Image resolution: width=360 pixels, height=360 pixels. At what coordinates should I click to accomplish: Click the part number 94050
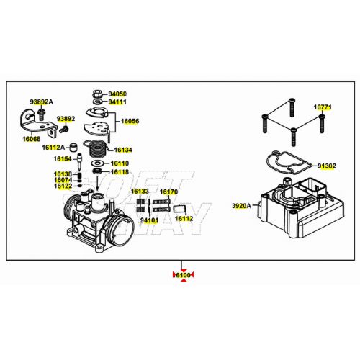(x=117, y=94)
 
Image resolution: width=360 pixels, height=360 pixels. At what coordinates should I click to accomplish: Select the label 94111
(x=117, y=102)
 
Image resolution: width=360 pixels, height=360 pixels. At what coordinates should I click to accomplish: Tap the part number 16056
(x=130, y=122)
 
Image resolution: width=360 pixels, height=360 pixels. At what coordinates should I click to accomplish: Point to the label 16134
(x=124, y=150)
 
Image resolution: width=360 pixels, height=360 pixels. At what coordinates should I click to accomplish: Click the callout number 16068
(x=31, y=138)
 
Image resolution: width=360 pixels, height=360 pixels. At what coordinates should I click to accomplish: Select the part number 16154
(x=62, y=158)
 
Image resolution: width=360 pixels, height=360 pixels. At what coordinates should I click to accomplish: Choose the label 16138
(x=62, y=174)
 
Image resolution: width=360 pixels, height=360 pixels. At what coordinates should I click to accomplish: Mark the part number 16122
(x=62, y=186)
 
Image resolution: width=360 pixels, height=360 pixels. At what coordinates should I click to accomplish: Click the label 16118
(x=120, y=172)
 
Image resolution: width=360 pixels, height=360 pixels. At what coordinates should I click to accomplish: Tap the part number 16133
(x=140, y=192)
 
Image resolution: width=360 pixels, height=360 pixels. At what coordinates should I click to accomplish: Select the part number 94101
(x=149, y=220)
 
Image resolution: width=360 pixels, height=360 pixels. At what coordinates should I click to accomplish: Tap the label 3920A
(x=240, y=206)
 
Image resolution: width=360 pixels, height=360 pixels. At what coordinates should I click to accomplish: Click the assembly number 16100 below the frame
(x=183, y=275)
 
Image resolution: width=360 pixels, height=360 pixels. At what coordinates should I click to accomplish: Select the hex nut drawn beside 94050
(x=96, y=94)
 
